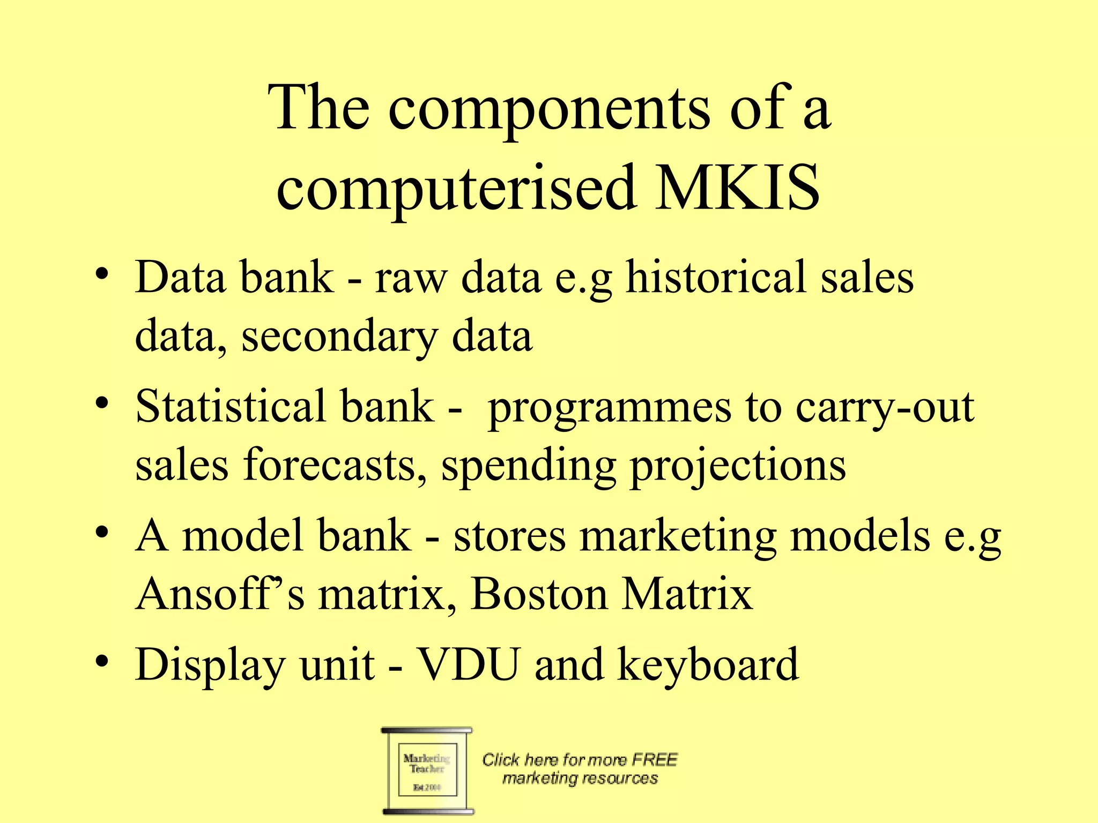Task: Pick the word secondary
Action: (339, 338)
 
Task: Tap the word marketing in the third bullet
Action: (678, 537)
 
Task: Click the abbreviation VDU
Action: (469, 664)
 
